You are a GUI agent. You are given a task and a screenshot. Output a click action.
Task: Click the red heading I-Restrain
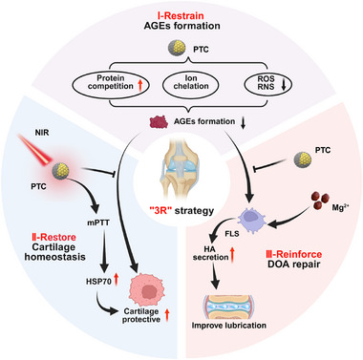(x=181, y=15)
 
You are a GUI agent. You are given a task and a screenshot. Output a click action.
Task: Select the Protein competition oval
(x=111, y=84)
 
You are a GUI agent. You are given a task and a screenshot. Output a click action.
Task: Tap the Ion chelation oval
(x=191, y=84)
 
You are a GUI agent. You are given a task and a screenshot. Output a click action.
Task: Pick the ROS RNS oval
(x=267, y=84)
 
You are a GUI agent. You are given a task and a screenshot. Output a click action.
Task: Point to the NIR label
(x=42, y=132)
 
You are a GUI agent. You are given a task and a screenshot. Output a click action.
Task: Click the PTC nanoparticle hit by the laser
(x=61, y=170)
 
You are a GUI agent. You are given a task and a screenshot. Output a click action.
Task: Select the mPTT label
(x=98, y=222)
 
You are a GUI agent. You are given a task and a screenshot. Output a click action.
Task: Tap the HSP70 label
(x=97, y=282)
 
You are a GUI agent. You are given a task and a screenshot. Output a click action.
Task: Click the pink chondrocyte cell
(x=147, y=289)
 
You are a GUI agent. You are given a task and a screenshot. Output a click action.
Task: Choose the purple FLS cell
(x=253, y=219)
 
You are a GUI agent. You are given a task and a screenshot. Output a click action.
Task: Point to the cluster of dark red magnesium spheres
(x=318, y=201)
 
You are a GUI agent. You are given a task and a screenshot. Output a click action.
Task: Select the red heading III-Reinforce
(x=293, y=254)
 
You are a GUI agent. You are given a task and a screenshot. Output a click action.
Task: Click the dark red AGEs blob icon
(x=159, y=122)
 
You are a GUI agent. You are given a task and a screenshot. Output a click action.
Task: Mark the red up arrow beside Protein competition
(x=140, y=86)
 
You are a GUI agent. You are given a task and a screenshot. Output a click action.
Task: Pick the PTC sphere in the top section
(x=177, y=49)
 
